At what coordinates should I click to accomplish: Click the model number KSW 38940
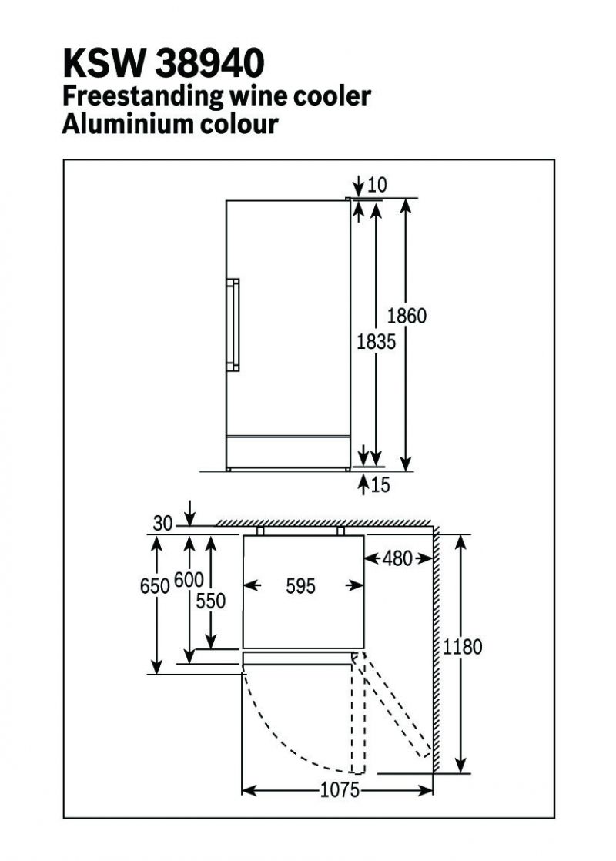coord(163,63)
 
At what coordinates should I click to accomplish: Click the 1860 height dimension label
coord(407,316)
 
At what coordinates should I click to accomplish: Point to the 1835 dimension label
coord(376,341)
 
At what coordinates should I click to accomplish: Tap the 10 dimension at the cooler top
coord(377,185)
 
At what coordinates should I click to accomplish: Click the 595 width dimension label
coord(300,586)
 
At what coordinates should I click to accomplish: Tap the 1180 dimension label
coord(462,647)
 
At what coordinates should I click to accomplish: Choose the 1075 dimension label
coord(338,790)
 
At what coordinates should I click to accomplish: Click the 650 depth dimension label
coord(154,586)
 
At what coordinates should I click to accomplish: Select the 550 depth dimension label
coord(211,601)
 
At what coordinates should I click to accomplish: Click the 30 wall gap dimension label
coord(162,524)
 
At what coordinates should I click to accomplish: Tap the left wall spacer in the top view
coord(260,531)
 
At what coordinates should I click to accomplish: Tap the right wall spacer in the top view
coord(340,531)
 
